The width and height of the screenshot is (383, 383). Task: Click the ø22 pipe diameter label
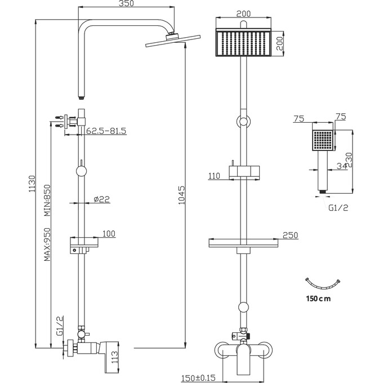[101, 198]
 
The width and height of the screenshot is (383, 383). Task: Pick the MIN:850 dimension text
[48, 200]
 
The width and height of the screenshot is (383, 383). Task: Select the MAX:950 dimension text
[48, 244]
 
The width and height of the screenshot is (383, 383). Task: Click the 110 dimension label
[214, 176]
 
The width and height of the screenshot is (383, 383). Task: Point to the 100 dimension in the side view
[108, 234]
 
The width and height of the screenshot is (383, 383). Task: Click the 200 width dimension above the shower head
[243, 14]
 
